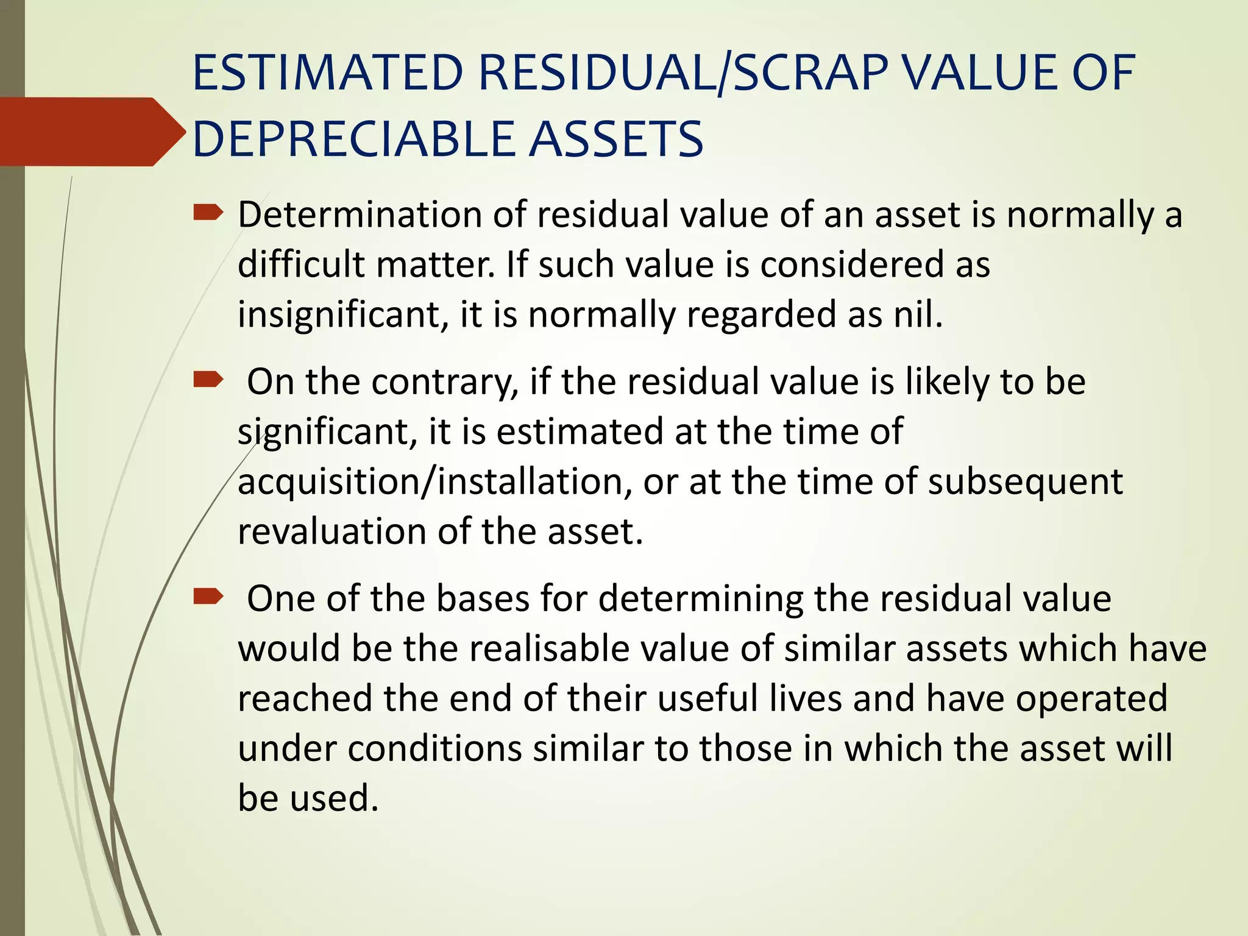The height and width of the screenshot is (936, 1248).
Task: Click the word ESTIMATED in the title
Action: (x=328, y=73)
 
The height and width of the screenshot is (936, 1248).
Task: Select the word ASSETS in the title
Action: (x=615, y=139)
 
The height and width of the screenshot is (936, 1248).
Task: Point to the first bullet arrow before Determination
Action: (x=208, y=213)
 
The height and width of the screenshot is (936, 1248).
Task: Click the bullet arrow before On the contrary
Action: (x=208, y=381)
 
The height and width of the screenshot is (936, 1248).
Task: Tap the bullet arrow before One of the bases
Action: (x=208, y=597)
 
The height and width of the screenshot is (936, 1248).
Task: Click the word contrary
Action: (x=444, y=383)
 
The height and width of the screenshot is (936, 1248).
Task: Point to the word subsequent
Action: (x=1025, y=483)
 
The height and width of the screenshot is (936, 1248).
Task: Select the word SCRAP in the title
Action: (x=810, y=73)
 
